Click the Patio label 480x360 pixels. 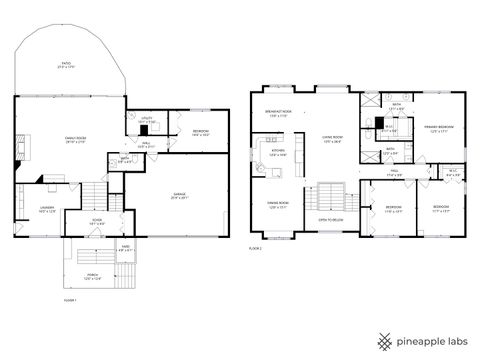coord(66,64)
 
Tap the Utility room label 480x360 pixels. coord(146,120)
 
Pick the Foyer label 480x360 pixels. coord(98,222)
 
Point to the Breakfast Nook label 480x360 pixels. coord(278,113)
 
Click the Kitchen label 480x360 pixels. coord(278,154)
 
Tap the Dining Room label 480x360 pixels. coord(278,204)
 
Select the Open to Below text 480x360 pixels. coord(332,218)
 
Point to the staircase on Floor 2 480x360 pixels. coord(332,196)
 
